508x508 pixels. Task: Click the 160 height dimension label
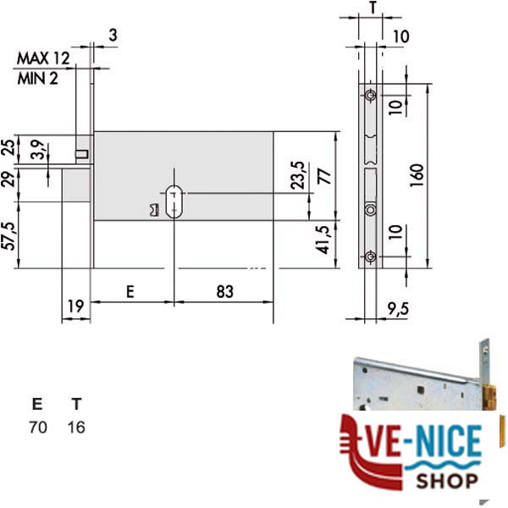click(417, 175)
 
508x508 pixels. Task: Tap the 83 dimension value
click(224, 291)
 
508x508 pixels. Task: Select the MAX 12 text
click(43, 58)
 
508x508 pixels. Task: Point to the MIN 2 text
click(37, 79)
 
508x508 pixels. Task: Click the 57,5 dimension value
click(9, 236)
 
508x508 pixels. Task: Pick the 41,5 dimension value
click(323, 240)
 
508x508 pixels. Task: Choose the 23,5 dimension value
click(297, 175)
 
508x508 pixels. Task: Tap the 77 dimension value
click(324, 177)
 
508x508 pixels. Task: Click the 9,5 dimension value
click(398, 309)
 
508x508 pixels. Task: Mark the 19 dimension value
click(75, 306)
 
